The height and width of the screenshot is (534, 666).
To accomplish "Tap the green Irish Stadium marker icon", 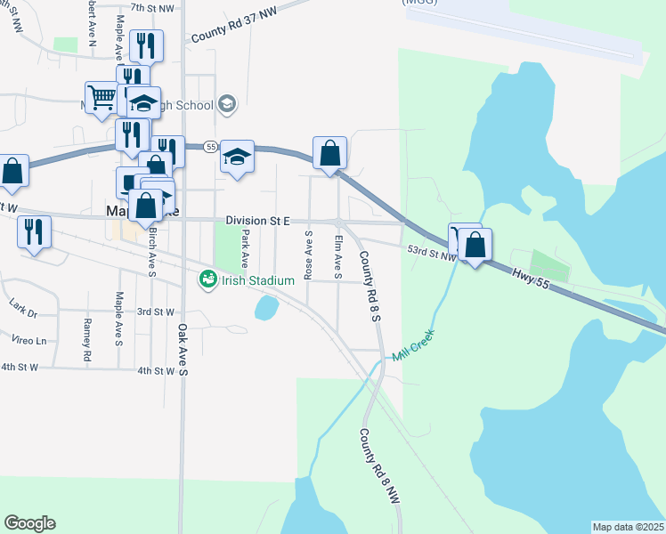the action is [x=207, y=280].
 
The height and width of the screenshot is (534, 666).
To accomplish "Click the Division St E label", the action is [x=257, y=220].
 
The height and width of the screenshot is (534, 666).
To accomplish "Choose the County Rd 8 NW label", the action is [x=380, y=467].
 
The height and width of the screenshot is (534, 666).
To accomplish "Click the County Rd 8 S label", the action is [x=370, y=285].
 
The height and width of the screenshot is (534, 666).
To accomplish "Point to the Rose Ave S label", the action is [x=308, y=255].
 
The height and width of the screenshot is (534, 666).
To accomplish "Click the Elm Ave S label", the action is [x=337, y=257].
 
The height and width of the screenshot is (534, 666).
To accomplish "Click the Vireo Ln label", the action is [x=29, y=340].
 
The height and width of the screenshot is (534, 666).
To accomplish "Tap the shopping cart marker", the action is [x=102, y=96].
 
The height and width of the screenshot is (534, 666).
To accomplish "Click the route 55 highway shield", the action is [x=210, y=146].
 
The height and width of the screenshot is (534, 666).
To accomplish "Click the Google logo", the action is [x=29, y=523].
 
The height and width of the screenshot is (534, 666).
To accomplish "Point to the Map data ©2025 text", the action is [x=629, y=527].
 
